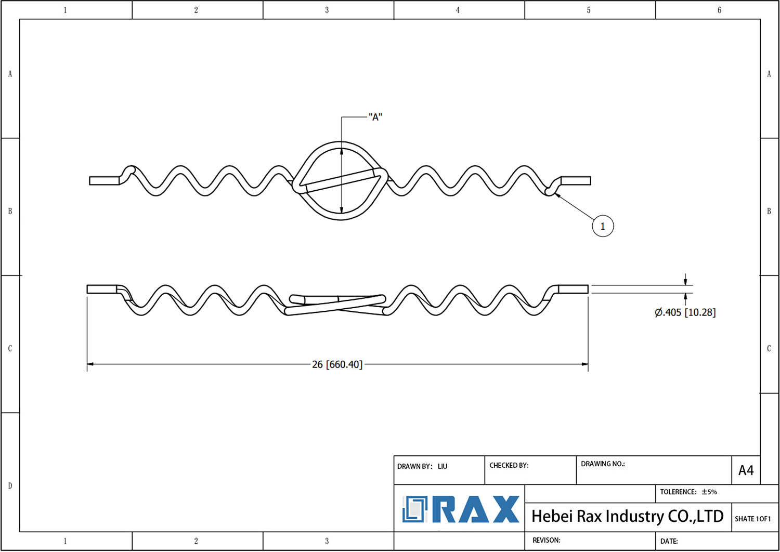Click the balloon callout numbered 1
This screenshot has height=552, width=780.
point(603,226)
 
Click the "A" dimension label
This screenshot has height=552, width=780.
point(375,117)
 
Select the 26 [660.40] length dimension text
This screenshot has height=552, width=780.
point(337,364)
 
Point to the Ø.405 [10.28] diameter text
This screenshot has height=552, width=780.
point(685,312)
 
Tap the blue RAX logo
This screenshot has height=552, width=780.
point(460,509)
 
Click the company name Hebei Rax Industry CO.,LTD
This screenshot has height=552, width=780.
point(627,516)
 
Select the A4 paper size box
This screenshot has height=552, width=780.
point(746,470)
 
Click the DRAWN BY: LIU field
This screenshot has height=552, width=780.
point(422,466)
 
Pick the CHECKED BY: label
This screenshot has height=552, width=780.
point(509,465)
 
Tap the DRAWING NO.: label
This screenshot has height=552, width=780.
point(603,464)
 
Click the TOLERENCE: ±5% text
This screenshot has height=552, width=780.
point(688,492)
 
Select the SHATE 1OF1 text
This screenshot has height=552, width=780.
point(752,519)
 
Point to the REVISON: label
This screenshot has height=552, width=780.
point(546,540)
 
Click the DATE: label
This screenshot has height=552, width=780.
point(669,541)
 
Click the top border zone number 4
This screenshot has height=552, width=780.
point(458,10)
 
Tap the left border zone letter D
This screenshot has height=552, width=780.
point(10,485)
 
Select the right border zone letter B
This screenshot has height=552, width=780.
point(769,211)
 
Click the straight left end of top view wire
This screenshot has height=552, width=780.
point(104,181)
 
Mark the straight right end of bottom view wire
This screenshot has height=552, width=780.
point(573,289)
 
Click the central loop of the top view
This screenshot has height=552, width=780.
point(341,180)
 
